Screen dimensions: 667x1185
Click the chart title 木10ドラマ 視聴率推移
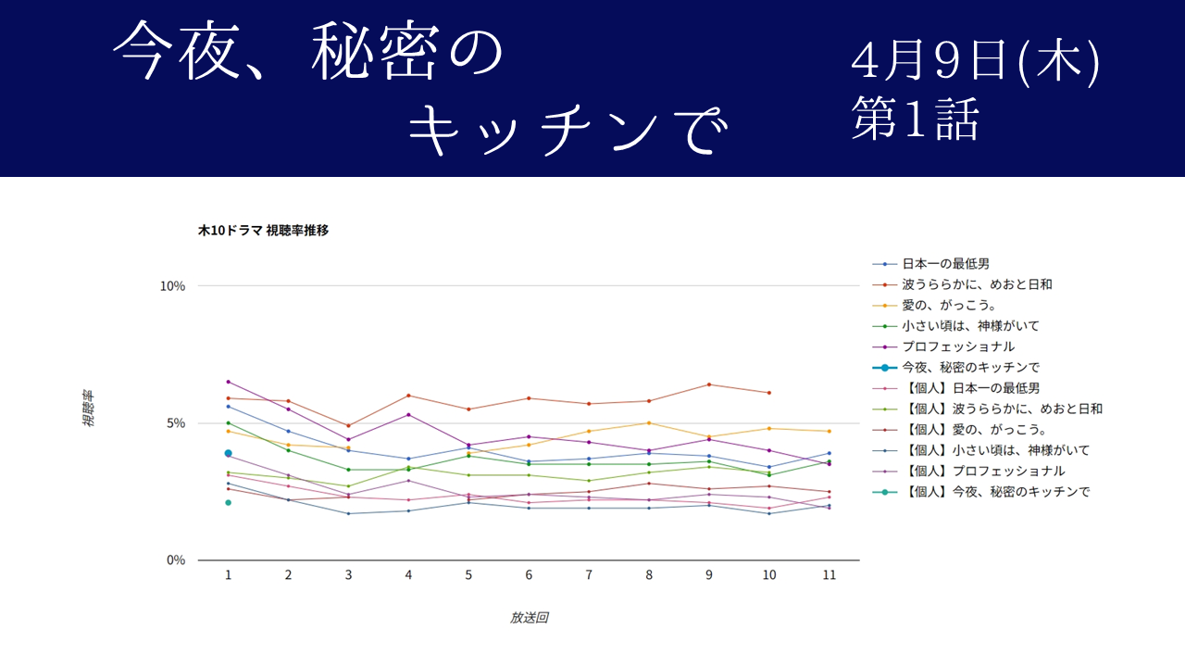point(263,231)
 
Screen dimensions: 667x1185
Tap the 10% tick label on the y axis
point(173,286)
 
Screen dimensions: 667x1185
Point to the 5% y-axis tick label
point(176,423)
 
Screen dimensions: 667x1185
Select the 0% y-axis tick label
point(176,560)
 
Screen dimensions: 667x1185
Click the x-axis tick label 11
point(829,575)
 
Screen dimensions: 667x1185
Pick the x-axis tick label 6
point(529,575)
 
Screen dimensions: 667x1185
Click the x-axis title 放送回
point(529,618)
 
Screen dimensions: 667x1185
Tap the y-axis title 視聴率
point(89,409)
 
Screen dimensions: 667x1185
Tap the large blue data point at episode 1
point(228,453)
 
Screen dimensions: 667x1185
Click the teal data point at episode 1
point(228,503)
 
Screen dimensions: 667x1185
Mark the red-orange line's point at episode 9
point(709,384)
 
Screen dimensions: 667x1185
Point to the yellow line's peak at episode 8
point(649,423)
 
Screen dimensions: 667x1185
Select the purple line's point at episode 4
point(408,414)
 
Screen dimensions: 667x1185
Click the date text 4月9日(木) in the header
point(976,65)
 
